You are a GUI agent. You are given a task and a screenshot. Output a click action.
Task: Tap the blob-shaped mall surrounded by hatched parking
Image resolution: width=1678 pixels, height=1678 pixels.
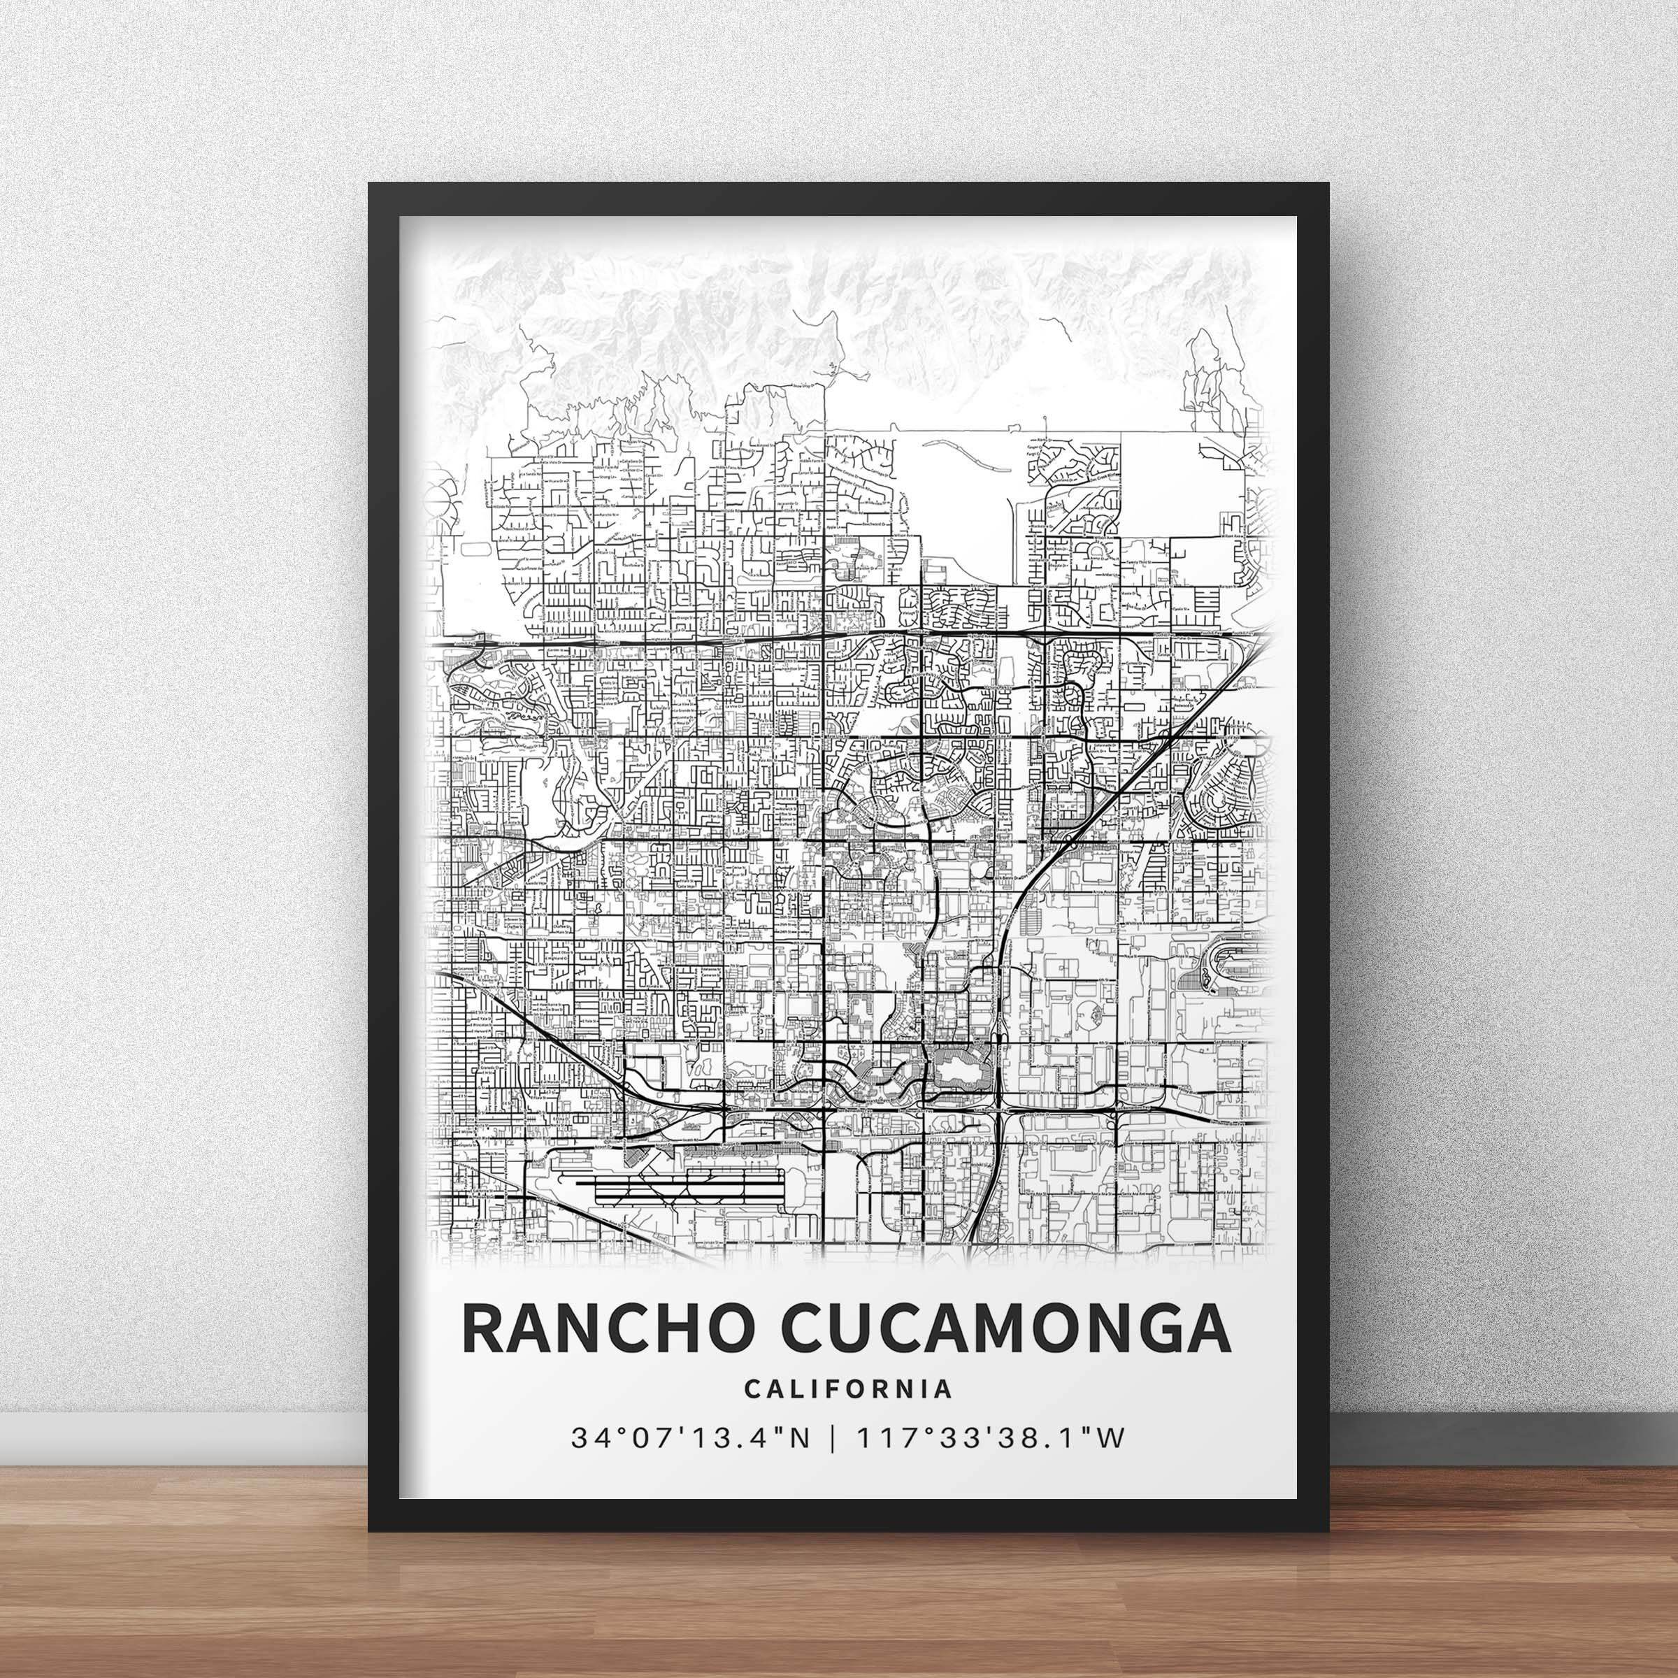click(x=957, y=1065)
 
